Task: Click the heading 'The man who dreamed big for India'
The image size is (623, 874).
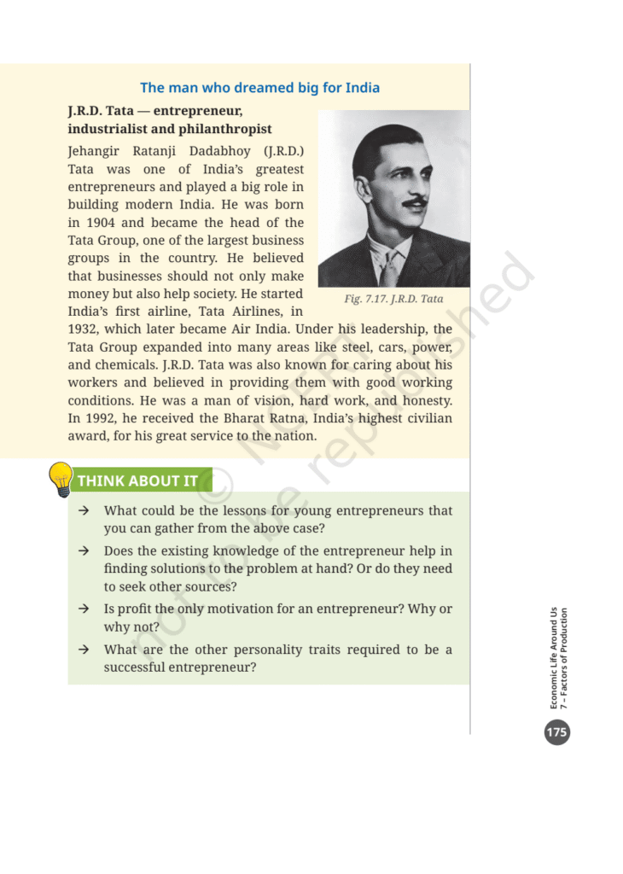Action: pyautogui.click(x=259, y=88)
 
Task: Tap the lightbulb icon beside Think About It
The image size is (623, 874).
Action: pyautogui.click(x=61, y=479)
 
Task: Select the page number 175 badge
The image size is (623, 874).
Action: pyautogui.click(x=556, y=731)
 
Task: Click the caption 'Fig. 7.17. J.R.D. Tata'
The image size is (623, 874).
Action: pyautogui.click(x=393, y=299)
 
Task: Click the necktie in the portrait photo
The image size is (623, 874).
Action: pyautogui.click(x=388, y=269)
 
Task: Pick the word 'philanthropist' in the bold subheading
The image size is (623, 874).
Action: pyautogui.click(x=225, y=129)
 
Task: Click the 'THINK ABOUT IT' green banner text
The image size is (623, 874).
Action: pyautogui.click(x=137, y=481)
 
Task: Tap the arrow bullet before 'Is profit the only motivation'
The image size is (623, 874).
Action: pyautogui.click(x=84, y=609)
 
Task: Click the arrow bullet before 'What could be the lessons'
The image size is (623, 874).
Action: pyautogui.click(x=84, y=511)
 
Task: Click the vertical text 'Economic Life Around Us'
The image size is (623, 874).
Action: pyautogui.click(x=554, y=657)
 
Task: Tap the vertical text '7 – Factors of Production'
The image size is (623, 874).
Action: pyautogui.click(x=565, y=657)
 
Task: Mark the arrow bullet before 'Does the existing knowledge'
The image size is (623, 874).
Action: pyautogui.click(x=84, y=551)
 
